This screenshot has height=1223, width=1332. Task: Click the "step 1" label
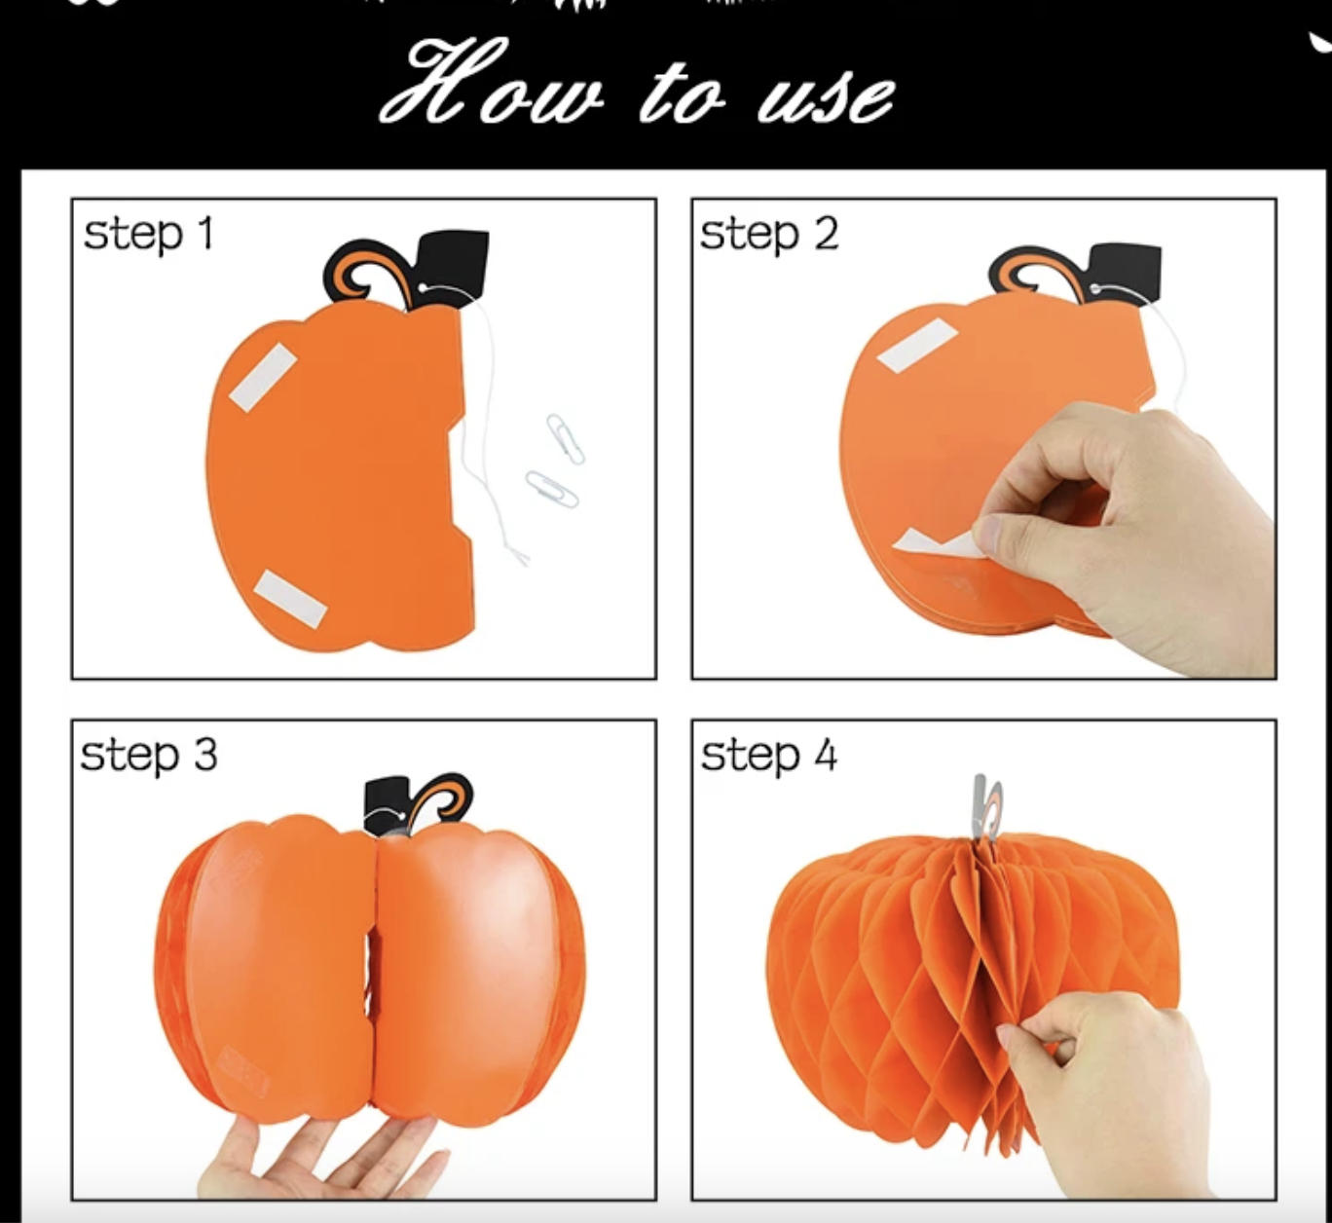[x=149, y=235]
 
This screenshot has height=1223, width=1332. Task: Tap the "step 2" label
[x=769, y=235]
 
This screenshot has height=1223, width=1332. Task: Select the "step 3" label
[x=149, y=756]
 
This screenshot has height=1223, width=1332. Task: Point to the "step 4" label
[x=769, y=756]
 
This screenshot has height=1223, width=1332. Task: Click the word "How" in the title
[x=492, y=83]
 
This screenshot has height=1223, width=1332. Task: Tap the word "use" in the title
[x=827, y=98]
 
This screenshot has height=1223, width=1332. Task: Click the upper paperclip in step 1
[x=566, y=439]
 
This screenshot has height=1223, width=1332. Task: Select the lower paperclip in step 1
[x=552, y=490]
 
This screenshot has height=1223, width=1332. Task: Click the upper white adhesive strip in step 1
[x=263, y=378]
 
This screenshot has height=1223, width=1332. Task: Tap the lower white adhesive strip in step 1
[x=291, y=599]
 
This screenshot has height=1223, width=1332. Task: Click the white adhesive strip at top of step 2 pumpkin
[x=917, y=344]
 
